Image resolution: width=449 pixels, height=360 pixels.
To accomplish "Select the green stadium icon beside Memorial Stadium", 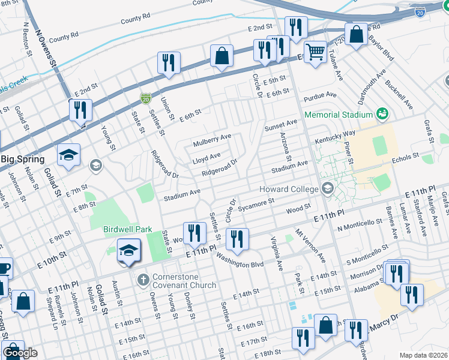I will (381, 113).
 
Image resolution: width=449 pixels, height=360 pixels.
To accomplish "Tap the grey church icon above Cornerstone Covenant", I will (143, 280).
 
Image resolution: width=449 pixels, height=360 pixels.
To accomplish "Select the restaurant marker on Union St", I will (169, 63).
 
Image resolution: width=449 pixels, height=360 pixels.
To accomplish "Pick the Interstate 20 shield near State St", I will (146, 97).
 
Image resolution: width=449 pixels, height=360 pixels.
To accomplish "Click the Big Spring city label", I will (22, 159).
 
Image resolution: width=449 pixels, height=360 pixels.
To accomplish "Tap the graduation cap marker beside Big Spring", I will (69, 155).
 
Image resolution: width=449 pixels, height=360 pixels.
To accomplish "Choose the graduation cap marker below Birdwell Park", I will (128, 250).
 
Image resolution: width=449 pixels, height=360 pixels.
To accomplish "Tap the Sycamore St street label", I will (255, 205).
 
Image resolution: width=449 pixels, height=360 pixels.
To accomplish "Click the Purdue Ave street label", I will (321, 95).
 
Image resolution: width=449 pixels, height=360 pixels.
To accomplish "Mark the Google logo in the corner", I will (20, 353).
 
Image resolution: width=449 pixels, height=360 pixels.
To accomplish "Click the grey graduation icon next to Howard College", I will (327, 189).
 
